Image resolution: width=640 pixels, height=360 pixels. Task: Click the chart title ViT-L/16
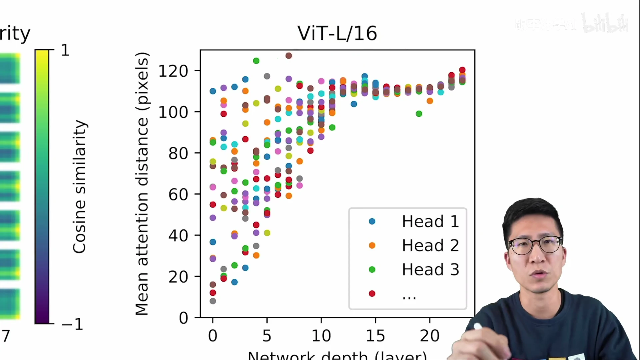pos(337,33)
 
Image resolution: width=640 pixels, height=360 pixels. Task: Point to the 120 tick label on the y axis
pos(173,71)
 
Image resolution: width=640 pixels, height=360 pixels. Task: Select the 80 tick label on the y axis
pos(178,153)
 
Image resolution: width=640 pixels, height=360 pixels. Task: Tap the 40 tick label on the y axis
pos(178,236)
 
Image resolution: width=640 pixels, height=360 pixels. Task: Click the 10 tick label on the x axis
pos(321,336)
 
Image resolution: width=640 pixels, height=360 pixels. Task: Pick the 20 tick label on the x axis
pos(430,336)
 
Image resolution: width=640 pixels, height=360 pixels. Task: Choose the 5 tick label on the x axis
pos(267,336)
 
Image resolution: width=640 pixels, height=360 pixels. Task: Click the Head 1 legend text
pos(430,221)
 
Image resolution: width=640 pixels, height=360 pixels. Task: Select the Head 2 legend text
pos(430,245)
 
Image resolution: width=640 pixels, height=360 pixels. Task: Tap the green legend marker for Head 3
pos(372,269)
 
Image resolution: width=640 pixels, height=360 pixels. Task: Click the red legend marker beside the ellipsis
pos(372,293)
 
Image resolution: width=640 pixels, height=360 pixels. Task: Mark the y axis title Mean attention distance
pos(142,183)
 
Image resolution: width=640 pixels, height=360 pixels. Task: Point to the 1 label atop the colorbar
pos(65,50)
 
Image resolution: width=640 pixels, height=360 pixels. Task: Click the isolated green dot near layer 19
pos(419,114)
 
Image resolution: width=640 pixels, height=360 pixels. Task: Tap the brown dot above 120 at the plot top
pos(289,56)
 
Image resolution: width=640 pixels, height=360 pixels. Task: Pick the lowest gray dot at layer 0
pos(213,301)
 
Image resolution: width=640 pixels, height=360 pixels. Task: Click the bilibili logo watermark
pos(605,23)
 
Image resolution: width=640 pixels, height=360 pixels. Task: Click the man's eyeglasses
pos(535,246)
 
